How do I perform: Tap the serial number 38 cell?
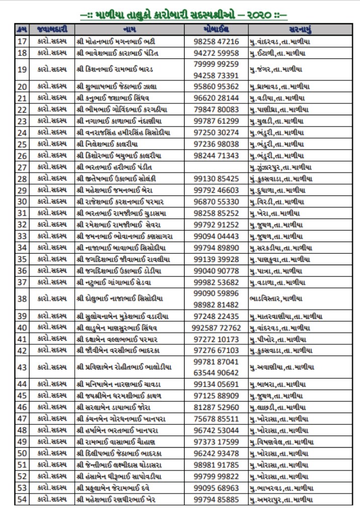pos(22,299)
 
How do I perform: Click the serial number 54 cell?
pos(22,499)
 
